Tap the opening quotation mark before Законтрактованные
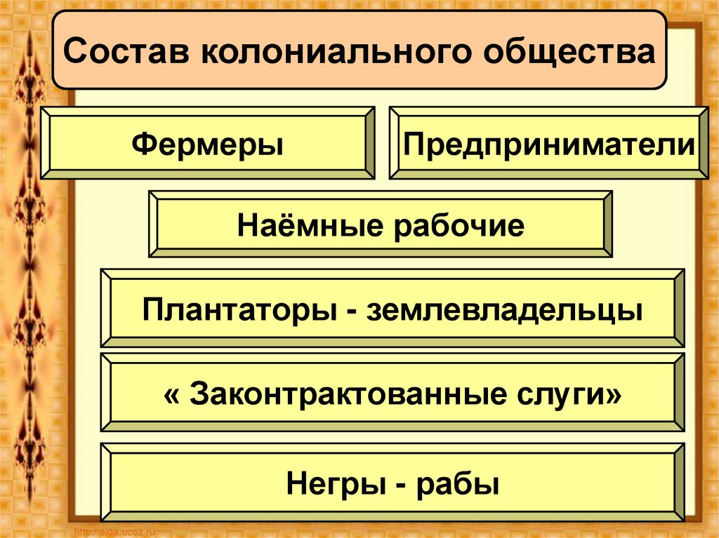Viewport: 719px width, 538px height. point(171,392)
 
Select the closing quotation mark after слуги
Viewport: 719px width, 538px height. point(615,392)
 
